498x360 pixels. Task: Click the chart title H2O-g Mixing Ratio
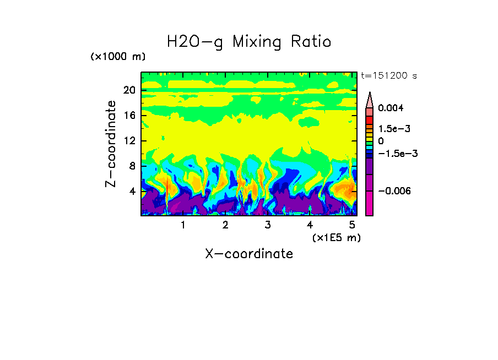(x=249, y=42)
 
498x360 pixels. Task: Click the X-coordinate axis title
(x=249, y=254)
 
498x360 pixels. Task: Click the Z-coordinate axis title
(x=111, y=144)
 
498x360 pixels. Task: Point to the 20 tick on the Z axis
(x=129, y=90)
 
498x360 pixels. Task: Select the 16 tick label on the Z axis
(x=129, y=116)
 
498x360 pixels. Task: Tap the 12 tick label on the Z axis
(x=129, y=141)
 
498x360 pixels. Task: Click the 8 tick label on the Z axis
(x=132, y=166)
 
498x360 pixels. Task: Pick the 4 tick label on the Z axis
(x=132, y=192)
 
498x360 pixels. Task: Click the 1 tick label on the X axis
(x=183, y=225)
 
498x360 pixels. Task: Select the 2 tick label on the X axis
(x=225, y=225)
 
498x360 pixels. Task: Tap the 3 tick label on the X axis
(x=268, y=225)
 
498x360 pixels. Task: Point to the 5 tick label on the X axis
(x=352, y=225)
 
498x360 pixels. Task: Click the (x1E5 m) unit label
(x=336, y=238)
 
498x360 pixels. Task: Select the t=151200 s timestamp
(x=388, y=76)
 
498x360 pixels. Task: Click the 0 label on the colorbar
(x=381, y=141)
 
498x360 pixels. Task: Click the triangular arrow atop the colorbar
(x=370, y=100)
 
